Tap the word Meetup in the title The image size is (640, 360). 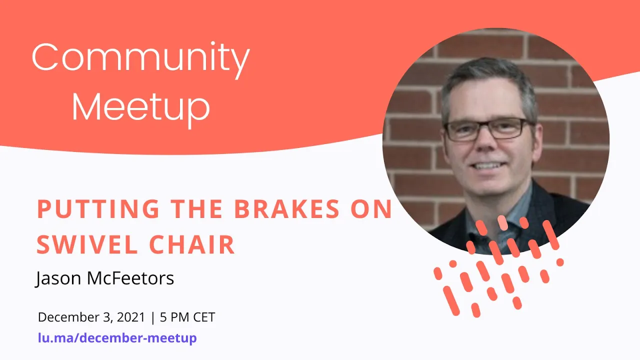click(x=140, y=106)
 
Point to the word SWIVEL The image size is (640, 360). click(x=86, y=245)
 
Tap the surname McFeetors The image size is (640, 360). click(x=130, y=278)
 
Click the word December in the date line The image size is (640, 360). click(x=65, y=317)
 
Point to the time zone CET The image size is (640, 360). click(x=205, y=317)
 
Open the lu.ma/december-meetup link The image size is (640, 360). click(x=117, y=338)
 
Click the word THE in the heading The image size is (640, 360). click(x=197, y=209)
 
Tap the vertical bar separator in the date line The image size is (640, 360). click(x=153, y=317)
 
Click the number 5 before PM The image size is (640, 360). click(x=163, y=317)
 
